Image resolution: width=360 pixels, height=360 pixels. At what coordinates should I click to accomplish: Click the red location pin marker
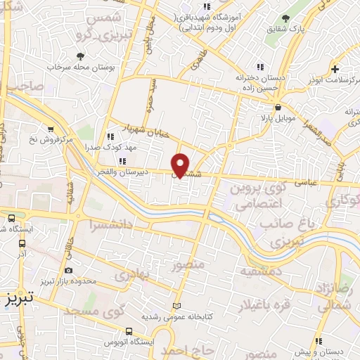(x=181, y=165)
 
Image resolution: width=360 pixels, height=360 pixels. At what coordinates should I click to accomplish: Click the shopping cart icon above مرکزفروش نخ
(x=50, y=129)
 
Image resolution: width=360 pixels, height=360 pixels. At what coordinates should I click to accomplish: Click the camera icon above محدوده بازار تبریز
(x=68, y=270)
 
